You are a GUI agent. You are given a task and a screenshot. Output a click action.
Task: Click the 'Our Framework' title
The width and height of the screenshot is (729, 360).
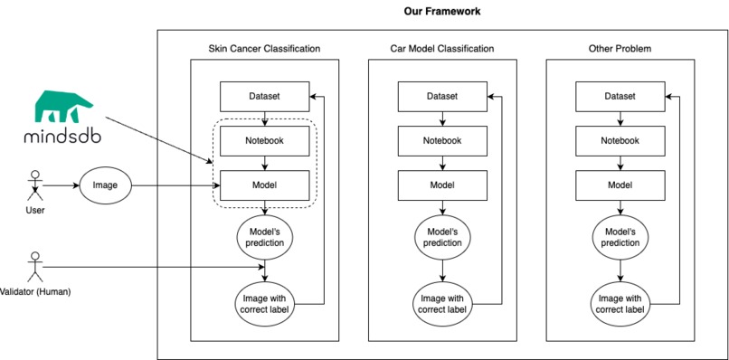click(441, 12)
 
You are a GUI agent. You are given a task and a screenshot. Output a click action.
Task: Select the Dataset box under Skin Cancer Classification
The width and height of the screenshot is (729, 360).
click(264, 96)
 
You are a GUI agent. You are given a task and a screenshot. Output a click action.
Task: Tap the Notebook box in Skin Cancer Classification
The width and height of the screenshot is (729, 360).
click(264, 140)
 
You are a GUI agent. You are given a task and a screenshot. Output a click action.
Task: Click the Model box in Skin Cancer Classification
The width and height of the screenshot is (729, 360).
click(264, 185)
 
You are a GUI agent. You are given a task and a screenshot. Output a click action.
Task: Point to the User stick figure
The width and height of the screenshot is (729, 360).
click(35, 187)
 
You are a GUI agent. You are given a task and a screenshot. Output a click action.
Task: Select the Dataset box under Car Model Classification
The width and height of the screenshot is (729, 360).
click(441, 96)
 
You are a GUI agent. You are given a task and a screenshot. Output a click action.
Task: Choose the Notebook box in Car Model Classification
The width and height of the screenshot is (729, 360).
click(441, 140)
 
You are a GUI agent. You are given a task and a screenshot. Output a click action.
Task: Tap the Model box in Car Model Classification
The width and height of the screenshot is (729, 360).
click(441, 185)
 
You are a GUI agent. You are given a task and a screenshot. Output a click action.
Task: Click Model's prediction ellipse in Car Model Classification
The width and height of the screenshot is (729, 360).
click(441, 237)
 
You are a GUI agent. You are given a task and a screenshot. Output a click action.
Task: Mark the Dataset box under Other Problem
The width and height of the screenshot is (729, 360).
click(620, 96)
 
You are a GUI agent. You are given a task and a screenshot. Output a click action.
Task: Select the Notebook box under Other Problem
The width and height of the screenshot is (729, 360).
click(620, 140)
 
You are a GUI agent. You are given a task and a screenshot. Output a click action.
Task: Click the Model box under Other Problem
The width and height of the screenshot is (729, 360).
click(620, 185)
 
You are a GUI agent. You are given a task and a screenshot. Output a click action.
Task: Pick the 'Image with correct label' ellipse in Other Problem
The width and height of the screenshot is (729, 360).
click(620, 304)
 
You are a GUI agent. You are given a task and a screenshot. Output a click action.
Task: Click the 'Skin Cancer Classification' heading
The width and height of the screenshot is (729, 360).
click(264, 48)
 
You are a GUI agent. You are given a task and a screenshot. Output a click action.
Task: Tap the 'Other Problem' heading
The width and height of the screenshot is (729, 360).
click(620, 48)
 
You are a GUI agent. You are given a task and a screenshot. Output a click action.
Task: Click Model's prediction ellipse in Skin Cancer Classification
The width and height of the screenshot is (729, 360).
click(264, 237)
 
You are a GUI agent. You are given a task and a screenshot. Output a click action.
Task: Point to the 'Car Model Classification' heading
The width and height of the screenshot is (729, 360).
click(441, 48)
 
